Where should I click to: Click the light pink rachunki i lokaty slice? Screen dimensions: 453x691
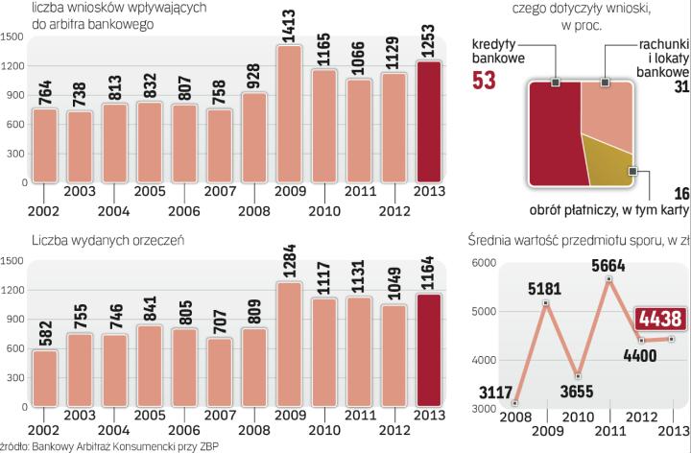click(600, 110)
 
